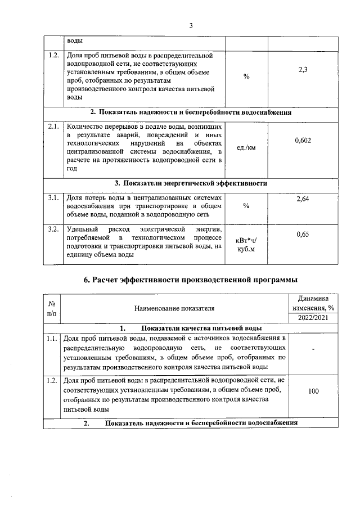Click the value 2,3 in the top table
pos(303,69)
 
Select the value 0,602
pos(303,140)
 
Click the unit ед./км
pos(246,148)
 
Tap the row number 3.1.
pos(54,198)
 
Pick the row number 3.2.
pos(54,229)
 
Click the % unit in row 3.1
pos(246,205)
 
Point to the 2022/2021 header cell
pos(316,318)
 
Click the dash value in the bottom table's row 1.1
pos(314,351)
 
